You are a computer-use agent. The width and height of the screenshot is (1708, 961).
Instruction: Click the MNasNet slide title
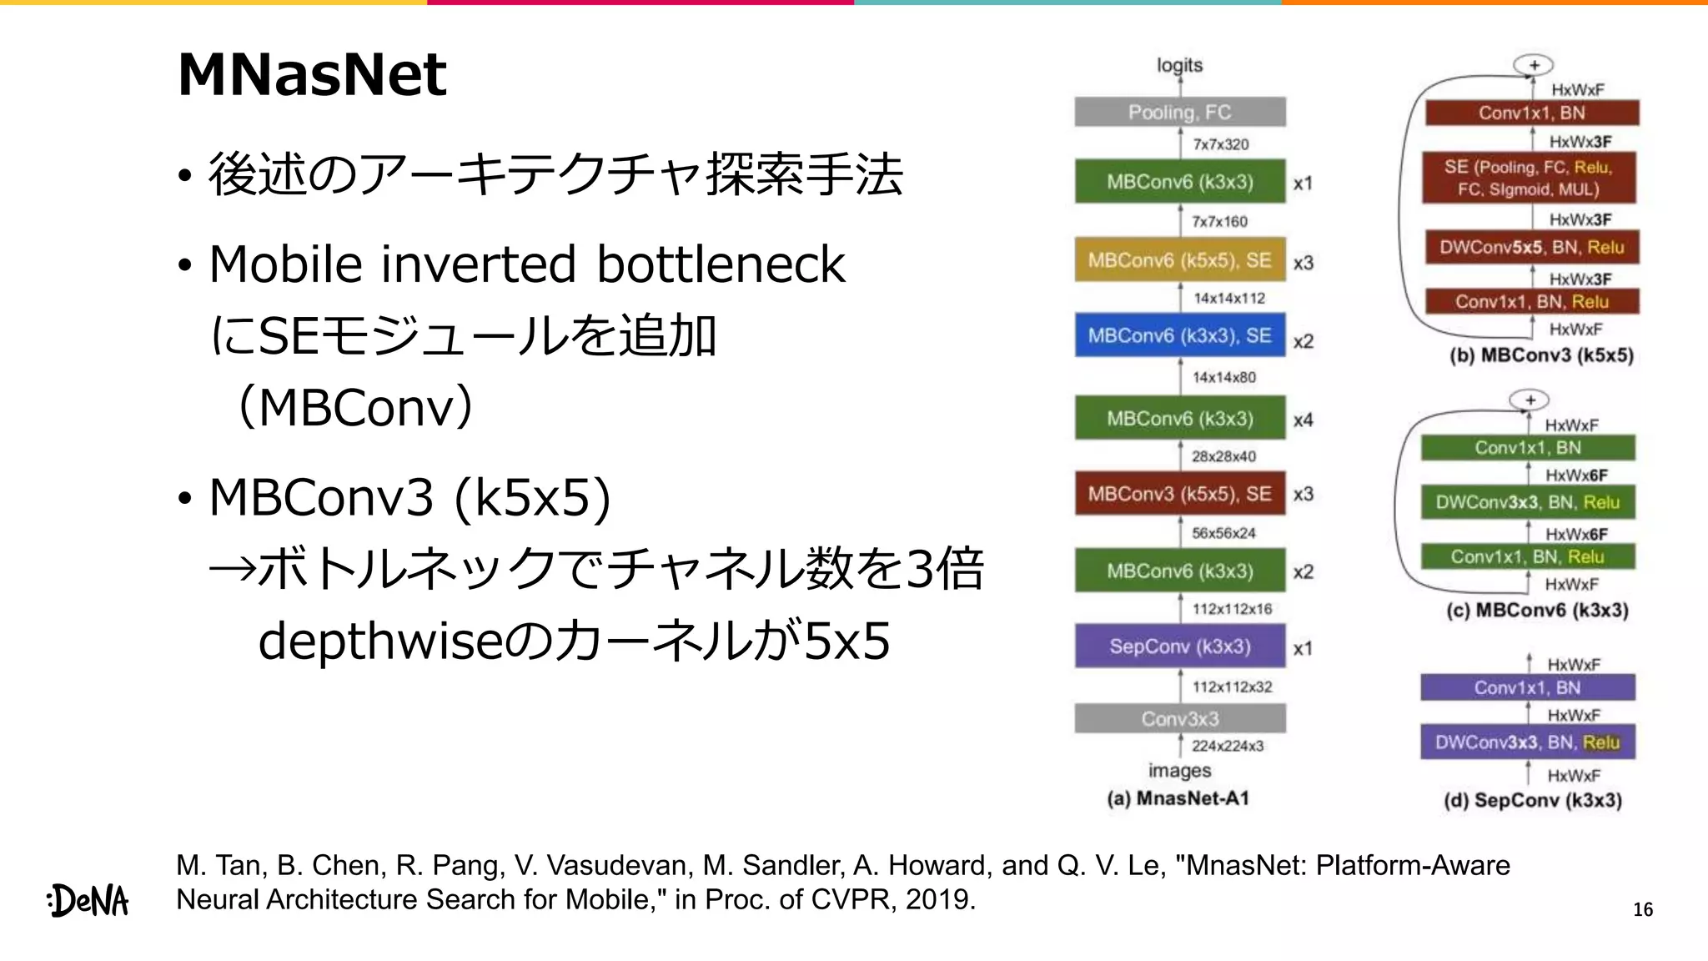click(312, 75)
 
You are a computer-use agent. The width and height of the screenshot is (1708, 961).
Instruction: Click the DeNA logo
click(88, 900)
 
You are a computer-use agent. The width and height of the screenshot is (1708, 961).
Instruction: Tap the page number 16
click(1642, 910)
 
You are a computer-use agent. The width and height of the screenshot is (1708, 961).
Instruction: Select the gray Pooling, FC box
click(1179, 113)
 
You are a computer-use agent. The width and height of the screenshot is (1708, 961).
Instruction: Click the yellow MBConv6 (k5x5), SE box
click(1179, 260)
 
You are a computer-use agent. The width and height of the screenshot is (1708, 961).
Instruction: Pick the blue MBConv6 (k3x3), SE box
click(1179, 335)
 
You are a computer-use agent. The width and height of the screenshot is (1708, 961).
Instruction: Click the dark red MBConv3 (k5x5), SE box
click(1179, 494)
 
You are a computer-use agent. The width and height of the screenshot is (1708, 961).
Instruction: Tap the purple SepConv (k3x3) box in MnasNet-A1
click(1179, 647)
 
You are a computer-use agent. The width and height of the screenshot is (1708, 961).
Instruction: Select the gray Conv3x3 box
click(1179, 718)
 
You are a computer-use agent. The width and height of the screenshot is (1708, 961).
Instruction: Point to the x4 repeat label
click(1303, 420)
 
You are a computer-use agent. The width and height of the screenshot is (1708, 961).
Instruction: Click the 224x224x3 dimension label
click(1227, 746)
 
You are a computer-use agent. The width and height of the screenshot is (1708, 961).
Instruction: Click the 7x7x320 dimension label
click(1220, 144)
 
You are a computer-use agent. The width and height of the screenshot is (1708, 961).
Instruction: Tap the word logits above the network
click(1179, 65)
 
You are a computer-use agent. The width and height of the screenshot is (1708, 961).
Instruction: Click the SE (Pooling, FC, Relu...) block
click(1529, 178)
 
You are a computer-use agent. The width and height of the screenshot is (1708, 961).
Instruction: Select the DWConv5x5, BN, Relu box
click(1531, 248)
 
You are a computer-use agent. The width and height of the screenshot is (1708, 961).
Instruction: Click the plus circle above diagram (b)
click(1533, 65)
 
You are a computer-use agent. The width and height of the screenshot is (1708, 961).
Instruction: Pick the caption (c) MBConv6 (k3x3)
click(1536, 610)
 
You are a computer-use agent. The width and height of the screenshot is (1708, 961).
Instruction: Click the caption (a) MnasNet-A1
click(1178, 798)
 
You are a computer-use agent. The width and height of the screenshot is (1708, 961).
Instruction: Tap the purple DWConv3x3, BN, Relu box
click(1527, 742)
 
